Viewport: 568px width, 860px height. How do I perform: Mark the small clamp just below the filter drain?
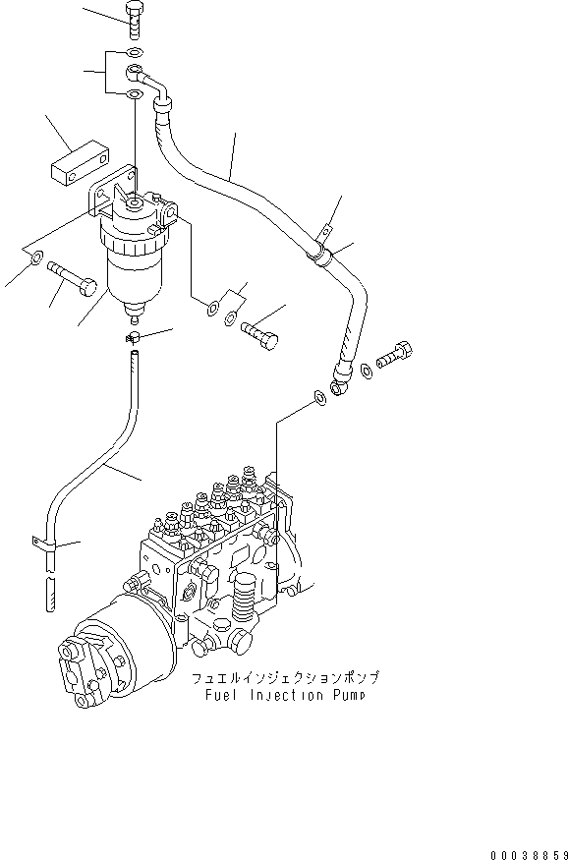(x=134, y=339)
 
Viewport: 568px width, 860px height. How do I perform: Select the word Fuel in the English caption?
(x=223, y=696)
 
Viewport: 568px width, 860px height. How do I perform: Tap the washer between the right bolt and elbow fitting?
(x=367, y=370)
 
